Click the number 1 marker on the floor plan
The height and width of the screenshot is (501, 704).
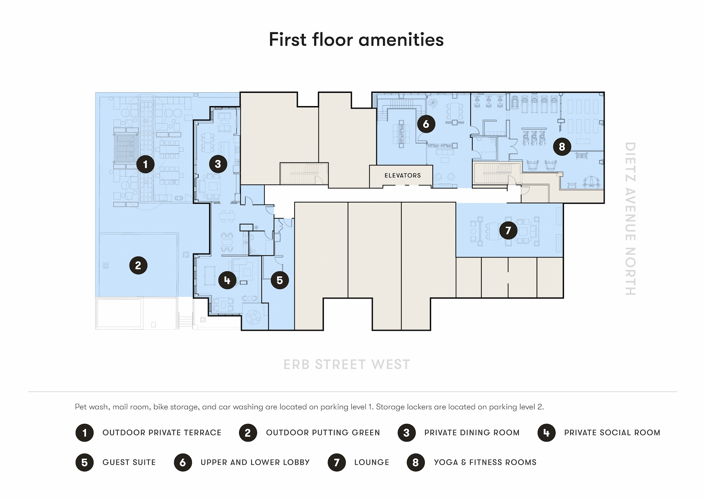tap(145, 164)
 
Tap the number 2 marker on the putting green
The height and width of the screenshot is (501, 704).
tap(138, 265)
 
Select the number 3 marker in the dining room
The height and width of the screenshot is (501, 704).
tap(218, 164)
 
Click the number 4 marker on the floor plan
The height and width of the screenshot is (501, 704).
tap(227, 280)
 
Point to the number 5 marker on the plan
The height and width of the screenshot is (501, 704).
tap(280, 280)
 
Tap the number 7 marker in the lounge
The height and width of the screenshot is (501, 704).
tap(508, 230)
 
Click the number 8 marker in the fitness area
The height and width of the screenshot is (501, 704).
tap(562, 147)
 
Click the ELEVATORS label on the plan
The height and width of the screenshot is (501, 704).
tap(402, 176)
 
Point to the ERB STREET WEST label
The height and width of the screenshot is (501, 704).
tap(347, 364)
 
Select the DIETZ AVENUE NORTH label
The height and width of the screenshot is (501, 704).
tap(630, 219)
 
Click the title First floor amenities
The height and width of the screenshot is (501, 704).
tap(356, 39)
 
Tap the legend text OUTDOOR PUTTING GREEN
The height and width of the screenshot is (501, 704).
tap(323, 433)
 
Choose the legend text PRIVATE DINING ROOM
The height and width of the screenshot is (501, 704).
tap(472, 433)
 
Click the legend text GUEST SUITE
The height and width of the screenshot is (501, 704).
tap(129, 462)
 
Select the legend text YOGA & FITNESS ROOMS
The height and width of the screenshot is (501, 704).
tap(485, 462)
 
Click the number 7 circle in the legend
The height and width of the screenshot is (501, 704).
tap(337, 462)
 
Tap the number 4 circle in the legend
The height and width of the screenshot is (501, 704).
tap(546, 433)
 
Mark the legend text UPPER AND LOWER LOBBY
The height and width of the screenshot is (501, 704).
tap(255, 462)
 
